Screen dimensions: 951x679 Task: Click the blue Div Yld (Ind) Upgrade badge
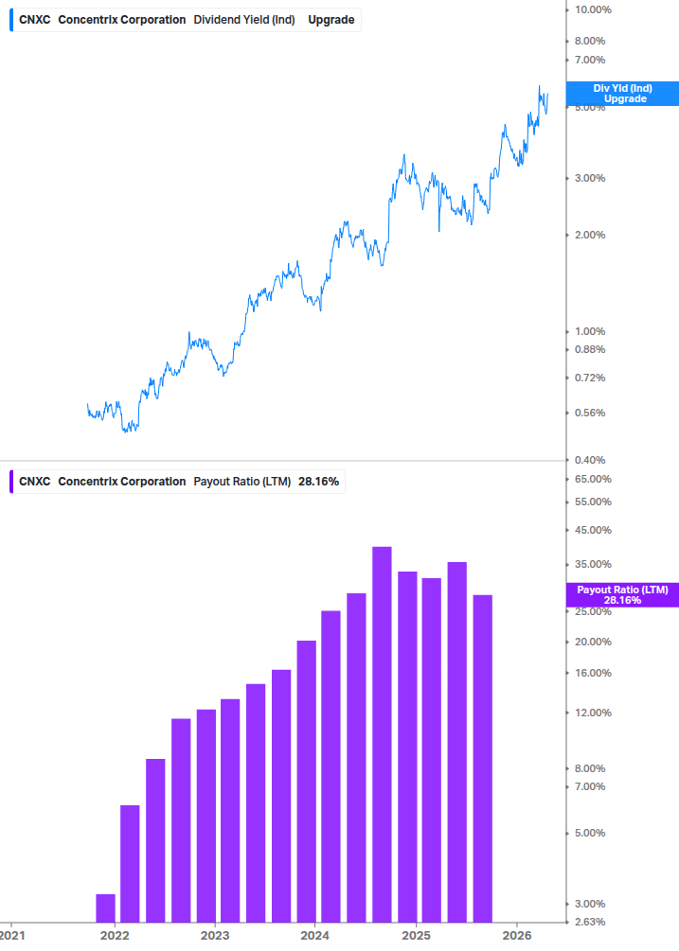(x=621, y=94)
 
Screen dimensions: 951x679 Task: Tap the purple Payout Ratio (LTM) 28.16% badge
(x=621, y=595)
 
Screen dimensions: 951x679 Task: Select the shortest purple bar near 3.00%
(x=105, y=907)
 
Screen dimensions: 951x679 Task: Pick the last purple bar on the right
(x=482, y=757)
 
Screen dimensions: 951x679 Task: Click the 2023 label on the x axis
(x=215, y=935)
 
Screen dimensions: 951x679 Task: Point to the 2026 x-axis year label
(x=517, y=935)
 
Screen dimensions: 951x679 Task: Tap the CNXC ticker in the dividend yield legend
(x=35, y=20)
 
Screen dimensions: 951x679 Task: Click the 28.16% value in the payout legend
(x=318, y=482)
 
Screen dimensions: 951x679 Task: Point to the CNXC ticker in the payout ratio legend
(x=35, y=482)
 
